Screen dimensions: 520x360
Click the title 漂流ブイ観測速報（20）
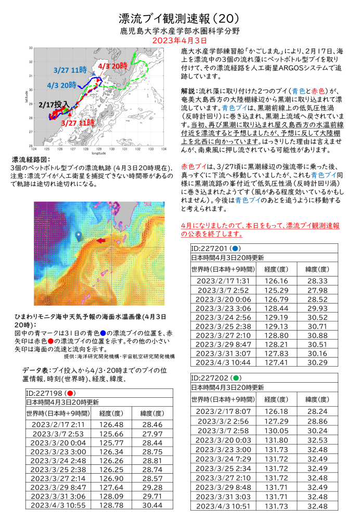(x=179, y=18)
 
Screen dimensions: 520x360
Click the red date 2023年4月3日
(x=179, y=40)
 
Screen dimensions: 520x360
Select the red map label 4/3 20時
(x=112, y=66)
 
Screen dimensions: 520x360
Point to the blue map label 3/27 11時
(x=70, y=70)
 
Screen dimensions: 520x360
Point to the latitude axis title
(x=24, y=97)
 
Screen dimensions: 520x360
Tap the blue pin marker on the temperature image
(x=78, y=236)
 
